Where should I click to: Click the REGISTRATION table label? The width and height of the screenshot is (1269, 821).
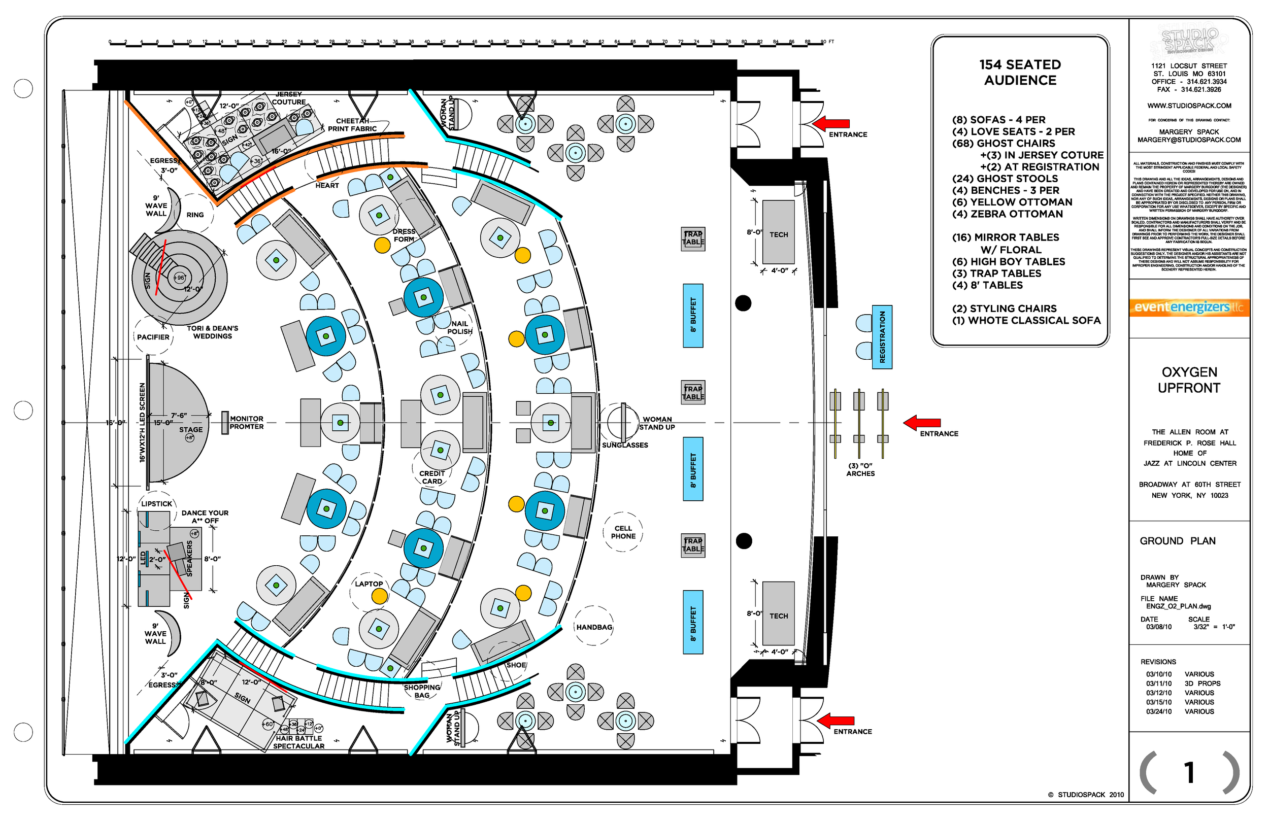pos(882,337)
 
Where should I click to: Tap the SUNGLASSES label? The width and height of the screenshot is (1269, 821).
pos(625,445)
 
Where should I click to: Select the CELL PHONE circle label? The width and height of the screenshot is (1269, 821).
pos(623,532)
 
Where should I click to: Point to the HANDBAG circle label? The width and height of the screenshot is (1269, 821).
pos(594,627)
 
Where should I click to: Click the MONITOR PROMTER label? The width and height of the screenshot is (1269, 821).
pos(246,423)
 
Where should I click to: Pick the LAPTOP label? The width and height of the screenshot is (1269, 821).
pos(369,584)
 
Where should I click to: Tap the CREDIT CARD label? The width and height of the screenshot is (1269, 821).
pos(432,477)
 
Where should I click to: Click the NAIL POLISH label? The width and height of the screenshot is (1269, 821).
pos(459,327)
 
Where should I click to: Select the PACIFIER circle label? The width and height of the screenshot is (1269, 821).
pos(153,337)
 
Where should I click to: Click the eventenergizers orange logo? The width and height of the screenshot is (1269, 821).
pos(1188,307)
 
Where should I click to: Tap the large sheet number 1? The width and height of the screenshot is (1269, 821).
pos(1188,772)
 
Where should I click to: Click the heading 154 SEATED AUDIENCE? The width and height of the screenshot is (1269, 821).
pos(1020,73)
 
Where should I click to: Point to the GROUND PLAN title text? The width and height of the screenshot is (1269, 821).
pos(1177,541)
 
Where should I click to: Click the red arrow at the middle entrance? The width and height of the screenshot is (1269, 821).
pos(922,423)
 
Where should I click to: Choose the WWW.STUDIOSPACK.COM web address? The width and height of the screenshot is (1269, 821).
pos(1189,106)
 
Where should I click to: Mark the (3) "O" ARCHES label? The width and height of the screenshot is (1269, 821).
pos(860,470)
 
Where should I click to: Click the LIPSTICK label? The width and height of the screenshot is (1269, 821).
pos(157,504)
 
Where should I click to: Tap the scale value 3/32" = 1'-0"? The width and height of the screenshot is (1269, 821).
pos(1214,627)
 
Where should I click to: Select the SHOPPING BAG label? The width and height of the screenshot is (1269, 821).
pos(422,692)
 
